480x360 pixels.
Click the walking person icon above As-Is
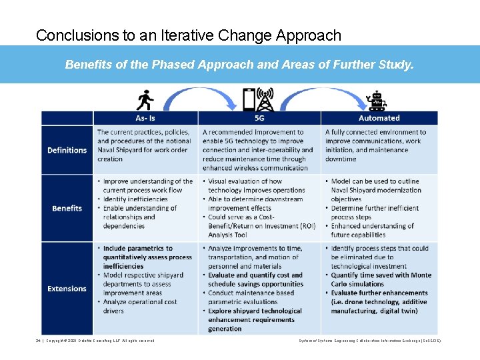pos(145,100)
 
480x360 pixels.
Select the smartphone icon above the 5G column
pos(249,100)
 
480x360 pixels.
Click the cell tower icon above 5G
pos(266,100)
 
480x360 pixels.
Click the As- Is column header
pos(145,118)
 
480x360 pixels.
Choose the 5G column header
pos(259,118)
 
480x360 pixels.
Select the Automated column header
pos(379,118)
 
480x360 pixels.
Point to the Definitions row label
pos(67,150)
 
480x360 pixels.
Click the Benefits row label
pos(67,208)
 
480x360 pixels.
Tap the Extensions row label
pos(67,289)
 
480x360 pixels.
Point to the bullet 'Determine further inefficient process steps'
pos(374,213)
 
